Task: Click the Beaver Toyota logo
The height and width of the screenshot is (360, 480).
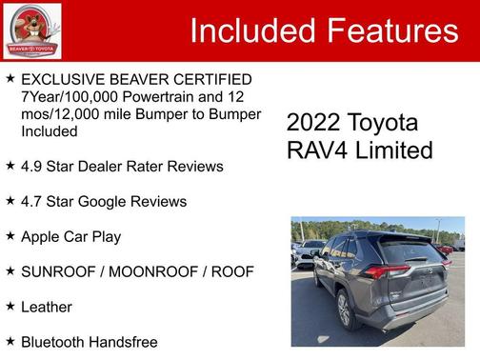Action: (31, 30)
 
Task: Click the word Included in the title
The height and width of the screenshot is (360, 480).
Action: (250, 30)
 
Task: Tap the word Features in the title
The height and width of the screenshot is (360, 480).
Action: (390, 30)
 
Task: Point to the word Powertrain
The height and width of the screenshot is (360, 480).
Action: (166, 96)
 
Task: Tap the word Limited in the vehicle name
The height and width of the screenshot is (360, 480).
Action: (395, 150)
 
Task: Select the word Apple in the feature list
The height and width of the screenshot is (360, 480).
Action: (41, 236)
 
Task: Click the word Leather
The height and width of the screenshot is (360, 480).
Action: (47, 307)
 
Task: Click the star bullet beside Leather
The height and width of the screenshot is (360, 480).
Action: (10, 306)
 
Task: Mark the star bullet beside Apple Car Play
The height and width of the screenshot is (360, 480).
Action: (10, 235)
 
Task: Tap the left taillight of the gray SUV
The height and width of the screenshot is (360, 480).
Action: (382, 272)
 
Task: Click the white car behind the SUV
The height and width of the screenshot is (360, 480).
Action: (308, 250)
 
